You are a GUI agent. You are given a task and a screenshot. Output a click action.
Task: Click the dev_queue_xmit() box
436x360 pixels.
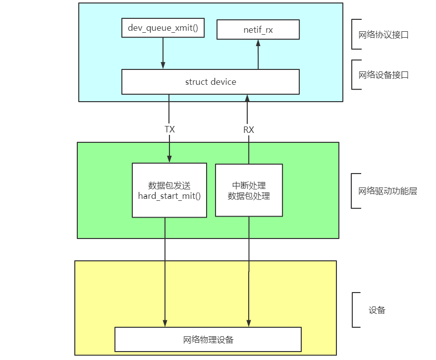tap(163, 28)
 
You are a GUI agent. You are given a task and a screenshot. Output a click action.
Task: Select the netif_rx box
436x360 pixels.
tap(258, 30)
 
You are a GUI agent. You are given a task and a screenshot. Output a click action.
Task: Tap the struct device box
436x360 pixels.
tap(211, 82)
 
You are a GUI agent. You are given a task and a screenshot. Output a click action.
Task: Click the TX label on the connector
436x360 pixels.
tap(169, 129)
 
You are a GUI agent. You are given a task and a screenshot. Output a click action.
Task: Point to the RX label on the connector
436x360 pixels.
tap(249, 130)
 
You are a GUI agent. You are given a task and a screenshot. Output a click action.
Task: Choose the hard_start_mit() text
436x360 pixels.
tap(169, 196)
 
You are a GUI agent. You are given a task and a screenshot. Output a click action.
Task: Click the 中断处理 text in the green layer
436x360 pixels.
tap(249, 186)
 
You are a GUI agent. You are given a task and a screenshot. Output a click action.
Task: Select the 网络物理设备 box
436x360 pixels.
tap(208, 340)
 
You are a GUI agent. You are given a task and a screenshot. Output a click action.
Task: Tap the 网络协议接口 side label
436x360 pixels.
tap(383, 35)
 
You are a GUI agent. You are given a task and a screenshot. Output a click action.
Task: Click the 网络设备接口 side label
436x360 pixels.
tap(383, 75)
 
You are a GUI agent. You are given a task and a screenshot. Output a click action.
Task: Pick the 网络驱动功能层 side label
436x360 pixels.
tap(387, 191)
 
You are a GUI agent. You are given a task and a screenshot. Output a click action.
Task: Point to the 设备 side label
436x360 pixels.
tap(377, 310)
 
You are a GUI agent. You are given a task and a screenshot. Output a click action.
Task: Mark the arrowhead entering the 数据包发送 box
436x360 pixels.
tap(169, 159)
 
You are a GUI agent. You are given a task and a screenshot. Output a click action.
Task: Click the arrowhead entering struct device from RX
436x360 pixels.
tap(249, 98)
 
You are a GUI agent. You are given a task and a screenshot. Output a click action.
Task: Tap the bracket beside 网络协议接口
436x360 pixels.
tap(353, 35)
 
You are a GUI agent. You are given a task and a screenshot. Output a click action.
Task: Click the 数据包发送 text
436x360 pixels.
tap(169, 185)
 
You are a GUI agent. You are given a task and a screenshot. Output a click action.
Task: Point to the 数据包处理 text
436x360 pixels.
tap(249, 196)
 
